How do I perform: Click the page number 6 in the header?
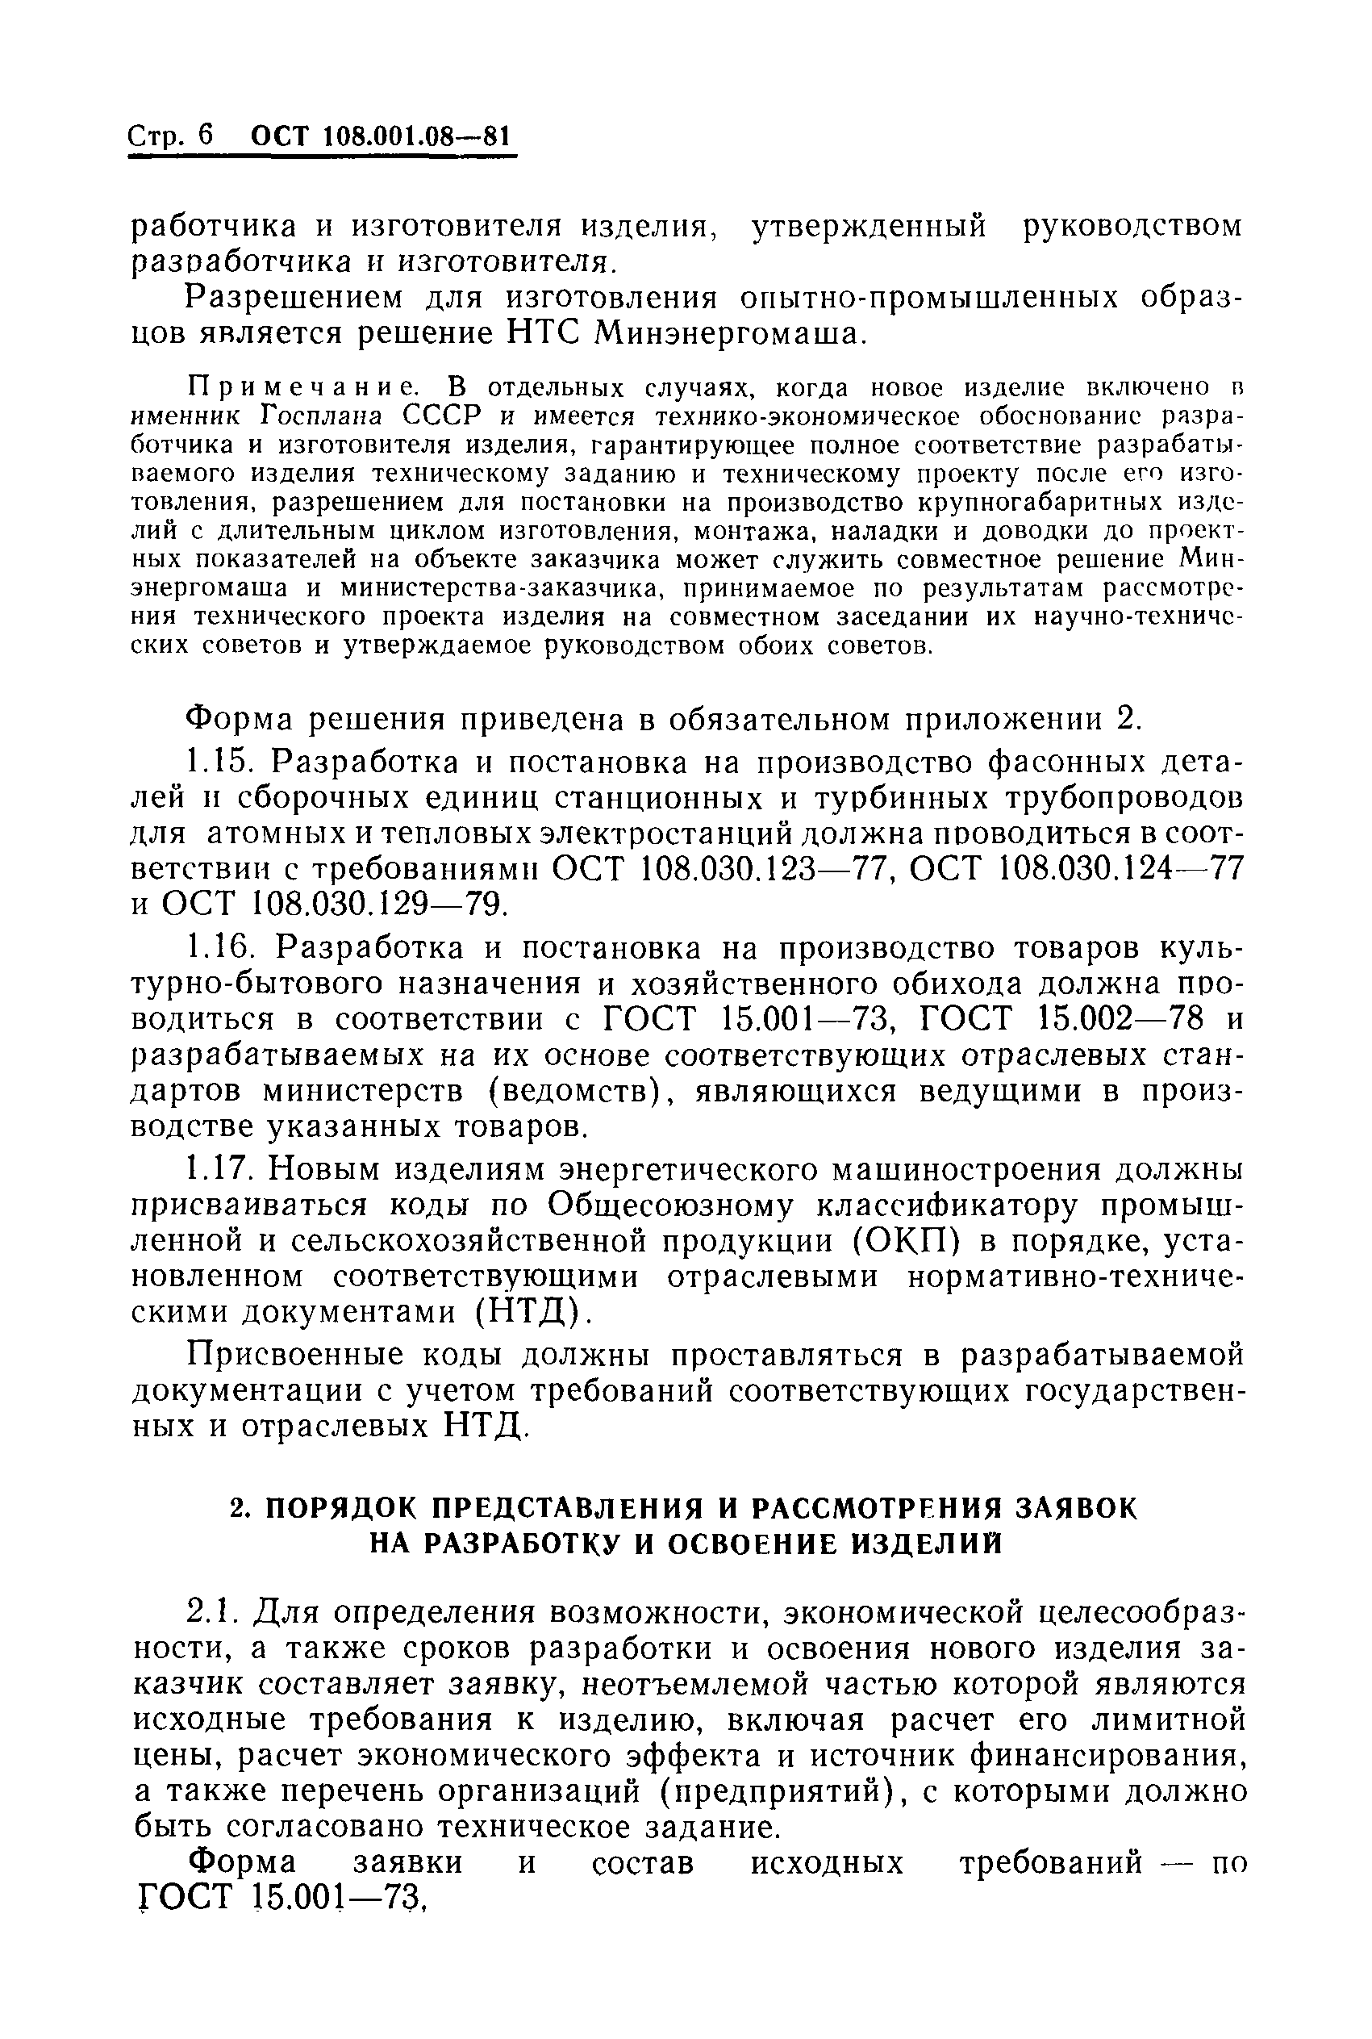205,136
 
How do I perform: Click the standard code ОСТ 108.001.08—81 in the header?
379,136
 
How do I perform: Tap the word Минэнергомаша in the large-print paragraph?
729,333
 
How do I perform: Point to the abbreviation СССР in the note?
415,416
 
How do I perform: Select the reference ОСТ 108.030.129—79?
332,903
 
